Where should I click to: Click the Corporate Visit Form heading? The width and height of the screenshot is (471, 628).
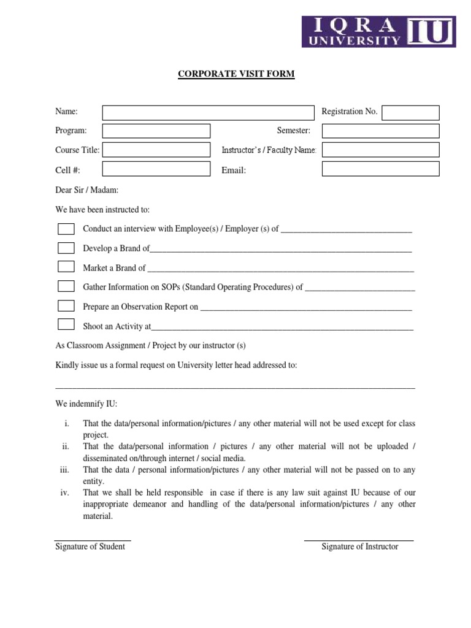click(236, 74)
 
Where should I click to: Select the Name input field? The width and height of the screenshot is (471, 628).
click(207, 112)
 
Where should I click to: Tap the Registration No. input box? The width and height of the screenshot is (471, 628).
click(410, 112)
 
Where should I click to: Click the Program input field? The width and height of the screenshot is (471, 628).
click(156, 131)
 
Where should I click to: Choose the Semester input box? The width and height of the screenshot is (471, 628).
click(380, 131)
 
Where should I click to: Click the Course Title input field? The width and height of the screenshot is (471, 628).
click(156, 150)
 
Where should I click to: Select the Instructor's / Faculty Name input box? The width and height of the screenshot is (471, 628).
click(380, 150)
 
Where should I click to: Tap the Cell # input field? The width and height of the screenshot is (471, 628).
click(156, 169)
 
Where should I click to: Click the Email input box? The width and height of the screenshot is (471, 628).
click(380, 169)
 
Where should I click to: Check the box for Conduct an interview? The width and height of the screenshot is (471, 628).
click(66, 229)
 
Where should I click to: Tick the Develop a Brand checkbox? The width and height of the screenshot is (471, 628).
click(66, 248)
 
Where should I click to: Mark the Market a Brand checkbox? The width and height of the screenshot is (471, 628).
click(66, 267)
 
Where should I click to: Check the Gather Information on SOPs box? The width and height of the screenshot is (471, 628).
click(66, 286)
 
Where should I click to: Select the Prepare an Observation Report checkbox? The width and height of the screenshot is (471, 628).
click(66, 305)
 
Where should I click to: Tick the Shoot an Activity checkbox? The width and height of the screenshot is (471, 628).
click(66, 324)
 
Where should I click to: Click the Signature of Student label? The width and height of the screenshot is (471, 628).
click(90, 546)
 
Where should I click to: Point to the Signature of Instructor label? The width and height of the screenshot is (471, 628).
click(359, 546)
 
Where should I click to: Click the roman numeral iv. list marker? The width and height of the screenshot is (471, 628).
click(64, 492)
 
